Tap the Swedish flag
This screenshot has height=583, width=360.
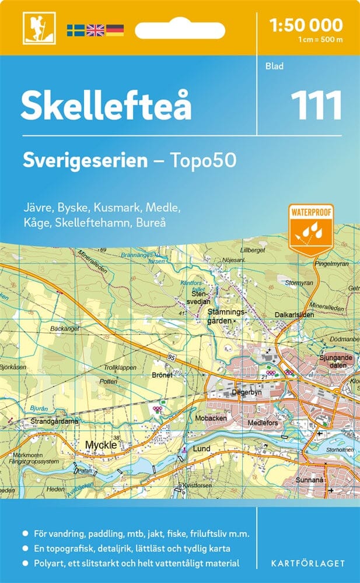coord(75,29)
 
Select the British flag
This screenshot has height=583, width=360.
coord(95,29)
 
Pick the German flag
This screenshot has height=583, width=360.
coord(114,29)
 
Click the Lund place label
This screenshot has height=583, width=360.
coord(201,449)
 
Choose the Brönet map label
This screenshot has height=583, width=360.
coord(162,375)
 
